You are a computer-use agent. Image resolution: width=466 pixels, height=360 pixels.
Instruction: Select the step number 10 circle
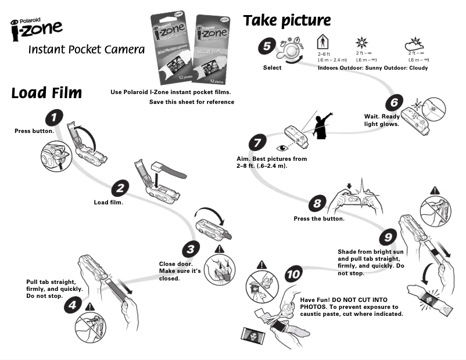(x=294, y=274)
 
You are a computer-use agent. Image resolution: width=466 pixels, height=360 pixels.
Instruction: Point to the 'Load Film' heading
(x=46, y=93)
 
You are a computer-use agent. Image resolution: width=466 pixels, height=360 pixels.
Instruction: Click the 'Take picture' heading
(x=286, y=21)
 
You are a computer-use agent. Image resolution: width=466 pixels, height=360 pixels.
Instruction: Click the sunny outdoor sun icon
(x=360, y=44)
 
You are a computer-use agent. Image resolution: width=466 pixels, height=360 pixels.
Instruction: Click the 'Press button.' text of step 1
(x=34, y=131)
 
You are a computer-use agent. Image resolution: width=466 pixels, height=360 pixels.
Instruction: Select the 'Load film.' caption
(x=109, y=203)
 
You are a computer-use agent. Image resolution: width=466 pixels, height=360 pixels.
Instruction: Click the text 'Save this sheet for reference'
(x=192, y=102)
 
